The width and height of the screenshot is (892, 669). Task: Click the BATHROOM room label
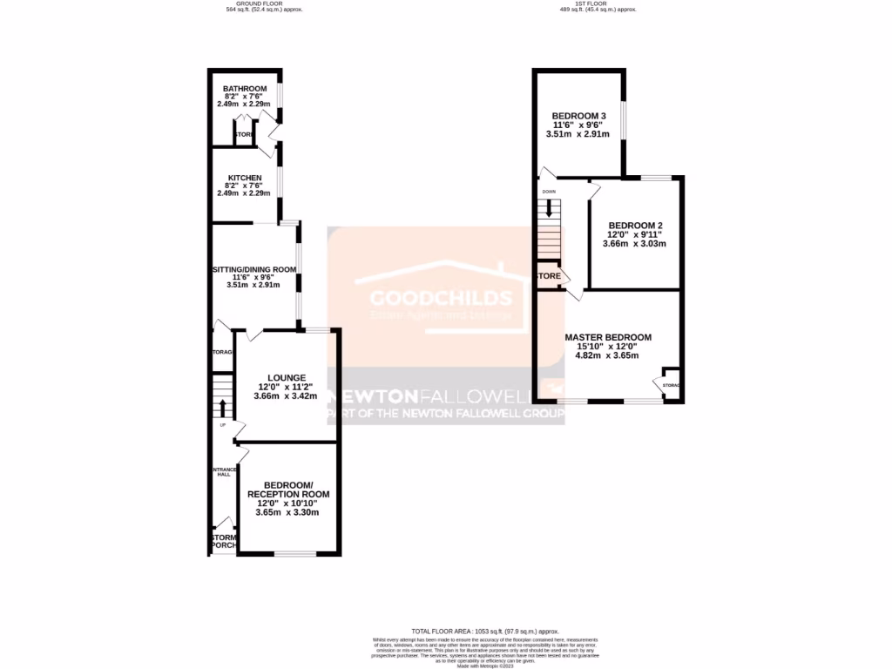pyautogui.click(x=244, y=89)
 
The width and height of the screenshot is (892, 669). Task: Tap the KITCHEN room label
pyautogui.click(x=244, y=178)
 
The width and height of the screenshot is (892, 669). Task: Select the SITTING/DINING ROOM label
pyautogui.click(x=255, y=269)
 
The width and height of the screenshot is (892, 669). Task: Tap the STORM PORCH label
pyautogui.click(x=222, y=542)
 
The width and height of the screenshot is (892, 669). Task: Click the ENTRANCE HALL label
pyautogui.click(x=223, y=471)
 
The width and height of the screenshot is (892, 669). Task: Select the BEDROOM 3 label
pyautogui.click(x=578, y=116)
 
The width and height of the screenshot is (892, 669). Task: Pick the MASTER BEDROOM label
pyautogui.click(x=607, y=337)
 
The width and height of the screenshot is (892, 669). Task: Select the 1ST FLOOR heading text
pyautogui.click(x=598, y=3)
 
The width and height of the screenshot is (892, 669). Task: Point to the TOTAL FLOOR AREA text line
pyautogui.click(x=485, y=631)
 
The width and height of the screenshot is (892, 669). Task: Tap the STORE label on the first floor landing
pyautogui.click(x=548, y=276)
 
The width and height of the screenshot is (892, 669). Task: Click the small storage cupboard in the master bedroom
pyautogui.click(x=671, y=383)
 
